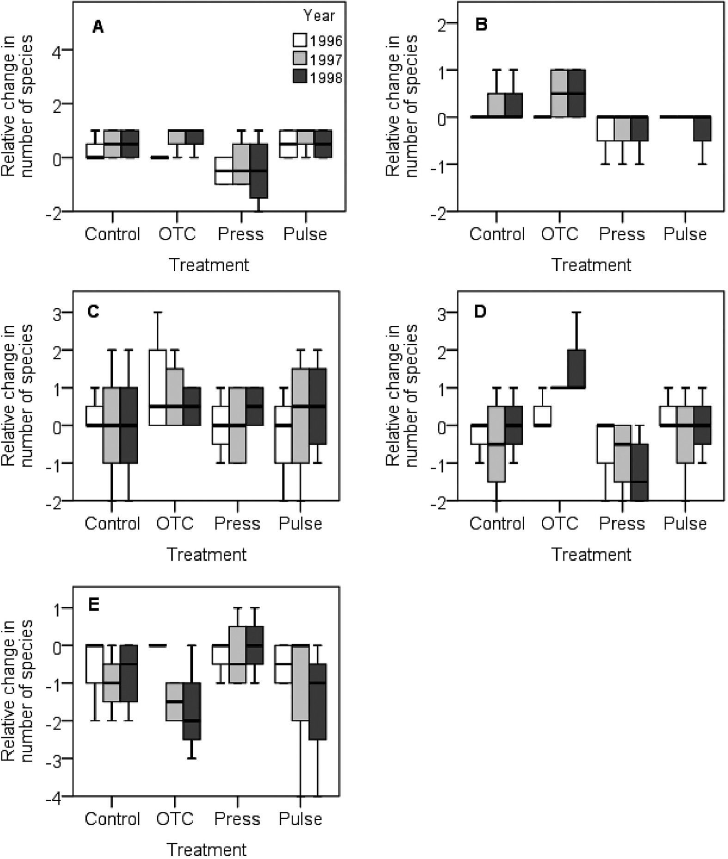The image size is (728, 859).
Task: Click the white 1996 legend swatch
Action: coord(300,41)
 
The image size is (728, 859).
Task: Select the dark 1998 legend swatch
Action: coord(300,77)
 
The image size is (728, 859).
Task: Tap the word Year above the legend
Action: coord(318,16)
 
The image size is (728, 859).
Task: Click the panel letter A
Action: coord(98,27)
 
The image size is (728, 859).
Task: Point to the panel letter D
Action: coord(480,312)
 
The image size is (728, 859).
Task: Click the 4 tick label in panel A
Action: coord(56,50)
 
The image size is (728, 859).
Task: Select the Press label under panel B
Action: coord(622,234)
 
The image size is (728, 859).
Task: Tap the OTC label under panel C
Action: coord(175,524)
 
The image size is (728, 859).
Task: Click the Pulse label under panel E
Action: coord(300,819)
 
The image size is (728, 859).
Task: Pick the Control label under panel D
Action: coord(497,524)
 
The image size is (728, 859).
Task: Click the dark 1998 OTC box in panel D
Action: coord(577,369)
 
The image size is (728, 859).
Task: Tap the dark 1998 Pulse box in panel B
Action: coord(702,129)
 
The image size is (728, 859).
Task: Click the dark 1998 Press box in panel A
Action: coord(259,171)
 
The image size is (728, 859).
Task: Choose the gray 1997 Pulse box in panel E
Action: coord(300,683)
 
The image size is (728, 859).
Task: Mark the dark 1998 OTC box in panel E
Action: coord(192,711)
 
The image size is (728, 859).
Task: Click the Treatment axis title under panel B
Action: coord(591,265)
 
